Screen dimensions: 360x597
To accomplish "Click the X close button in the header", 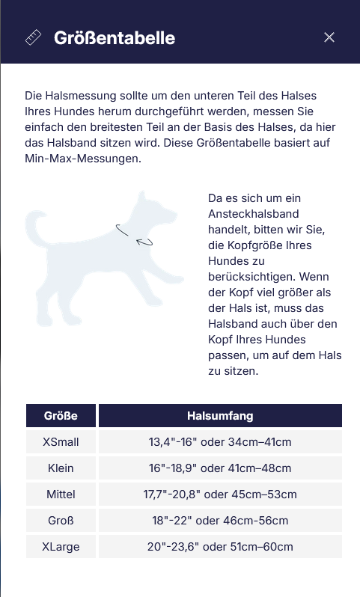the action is click(x=329, y=37).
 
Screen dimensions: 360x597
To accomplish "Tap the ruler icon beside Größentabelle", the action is click(x=34, y=37).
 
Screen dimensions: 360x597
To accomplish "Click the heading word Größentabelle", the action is click(x=115, y=37).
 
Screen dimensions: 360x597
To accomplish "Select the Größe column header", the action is click(x=61, y=415).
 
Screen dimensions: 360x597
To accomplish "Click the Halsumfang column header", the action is click(x=220, y=415).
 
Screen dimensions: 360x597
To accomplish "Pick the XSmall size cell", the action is click(x=61, y=442).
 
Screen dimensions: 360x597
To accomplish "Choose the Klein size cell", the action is click(x=61, y=468).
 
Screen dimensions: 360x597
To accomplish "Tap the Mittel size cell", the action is click(x=61, y=495).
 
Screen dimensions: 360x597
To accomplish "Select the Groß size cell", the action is click(x=61, y=521).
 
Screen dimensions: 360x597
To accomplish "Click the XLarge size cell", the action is click(x=61, y=547).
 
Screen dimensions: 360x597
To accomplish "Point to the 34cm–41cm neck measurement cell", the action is click(x=220, y=442).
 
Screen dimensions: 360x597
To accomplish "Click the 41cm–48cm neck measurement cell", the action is click(x=220, y=468).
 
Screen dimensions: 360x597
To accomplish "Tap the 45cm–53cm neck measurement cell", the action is click(x=220, y=495).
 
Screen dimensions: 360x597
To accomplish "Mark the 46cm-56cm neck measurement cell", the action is click(x=220, y=521).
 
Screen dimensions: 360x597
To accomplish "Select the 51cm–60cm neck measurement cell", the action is click(x=220, y=547).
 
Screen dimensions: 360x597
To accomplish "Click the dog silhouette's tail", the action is click(x=34, y=228).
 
